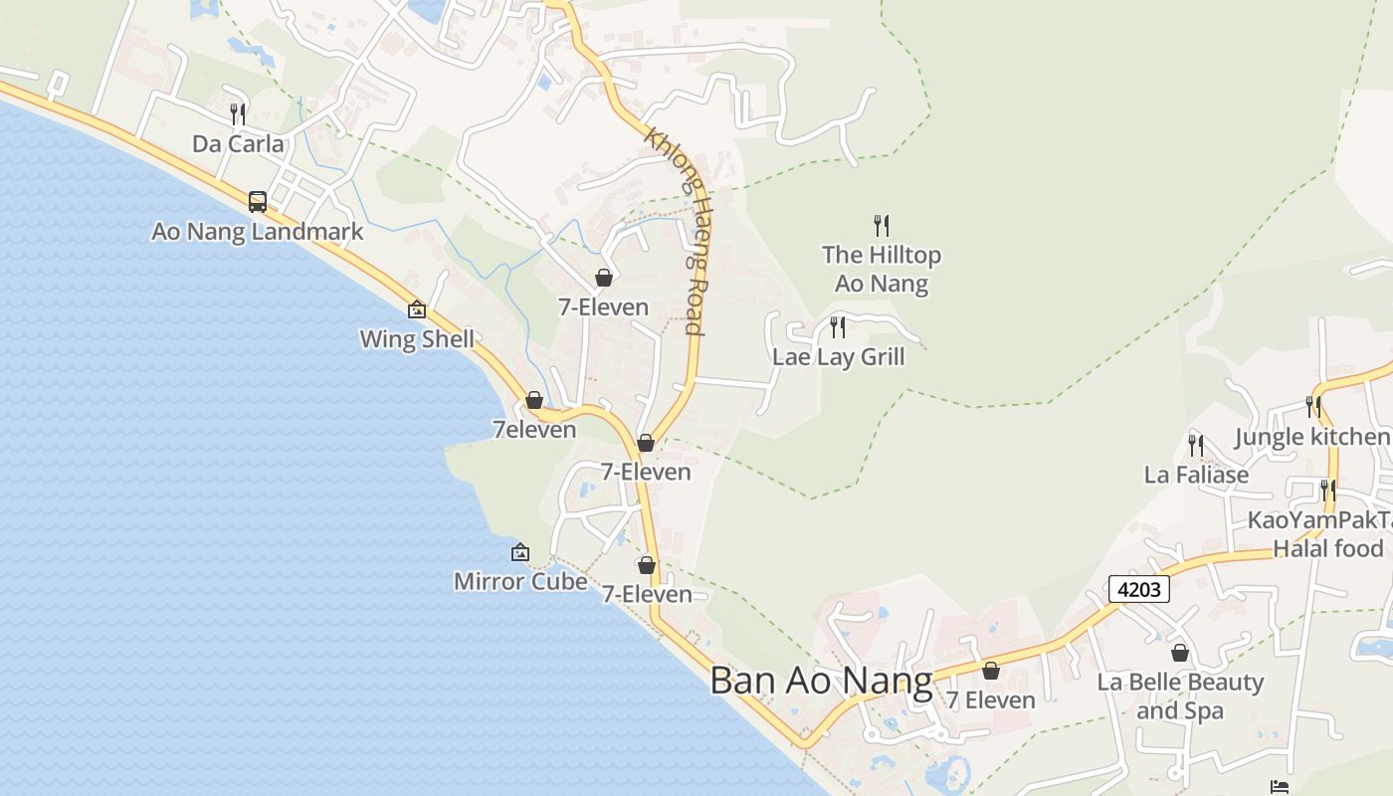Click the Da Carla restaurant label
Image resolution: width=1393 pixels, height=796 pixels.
tap(238, 144)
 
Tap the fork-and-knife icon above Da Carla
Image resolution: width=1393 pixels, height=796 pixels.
tap(238, 113)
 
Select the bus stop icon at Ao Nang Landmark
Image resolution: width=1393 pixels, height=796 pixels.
tap(258, 202)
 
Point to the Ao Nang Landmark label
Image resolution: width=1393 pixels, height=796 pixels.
tap(258, 233)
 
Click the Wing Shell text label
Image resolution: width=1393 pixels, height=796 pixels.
tap(417, 339)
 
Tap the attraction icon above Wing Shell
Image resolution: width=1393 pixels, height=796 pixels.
tap(417, 309)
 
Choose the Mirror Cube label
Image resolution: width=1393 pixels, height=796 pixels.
tap(519, 581)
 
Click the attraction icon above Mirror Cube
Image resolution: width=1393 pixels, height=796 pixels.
tap(519, 552)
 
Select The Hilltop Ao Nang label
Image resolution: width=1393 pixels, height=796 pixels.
tap(882, 270)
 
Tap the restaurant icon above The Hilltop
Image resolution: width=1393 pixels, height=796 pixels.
tap(881, 225)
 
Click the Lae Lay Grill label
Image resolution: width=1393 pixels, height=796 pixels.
tap(839, 357)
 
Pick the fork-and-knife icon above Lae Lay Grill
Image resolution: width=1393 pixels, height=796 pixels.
tap(838, 326)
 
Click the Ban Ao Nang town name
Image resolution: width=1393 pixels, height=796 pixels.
tap(821, 682)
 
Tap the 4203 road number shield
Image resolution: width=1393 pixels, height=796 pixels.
tap(1139, 589)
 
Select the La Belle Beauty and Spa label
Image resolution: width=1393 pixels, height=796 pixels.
tap(1180, 696)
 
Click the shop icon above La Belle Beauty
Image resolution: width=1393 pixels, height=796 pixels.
tap(1180, 653)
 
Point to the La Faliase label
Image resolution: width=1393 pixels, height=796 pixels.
tap(1196, 475)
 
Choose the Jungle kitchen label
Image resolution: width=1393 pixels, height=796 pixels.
tap(1311, 437)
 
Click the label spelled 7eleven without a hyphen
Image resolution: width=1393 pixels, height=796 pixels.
tap(534, 430)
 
